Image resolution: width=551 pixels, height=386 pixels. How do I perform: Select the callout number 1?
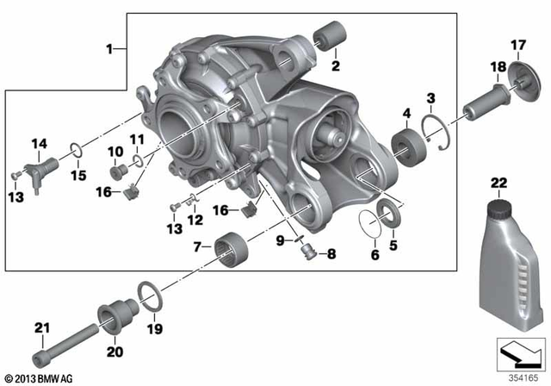pos(109,49)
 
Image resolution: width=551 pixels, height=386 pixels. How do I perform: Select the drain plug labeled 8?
pos(307,252)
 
